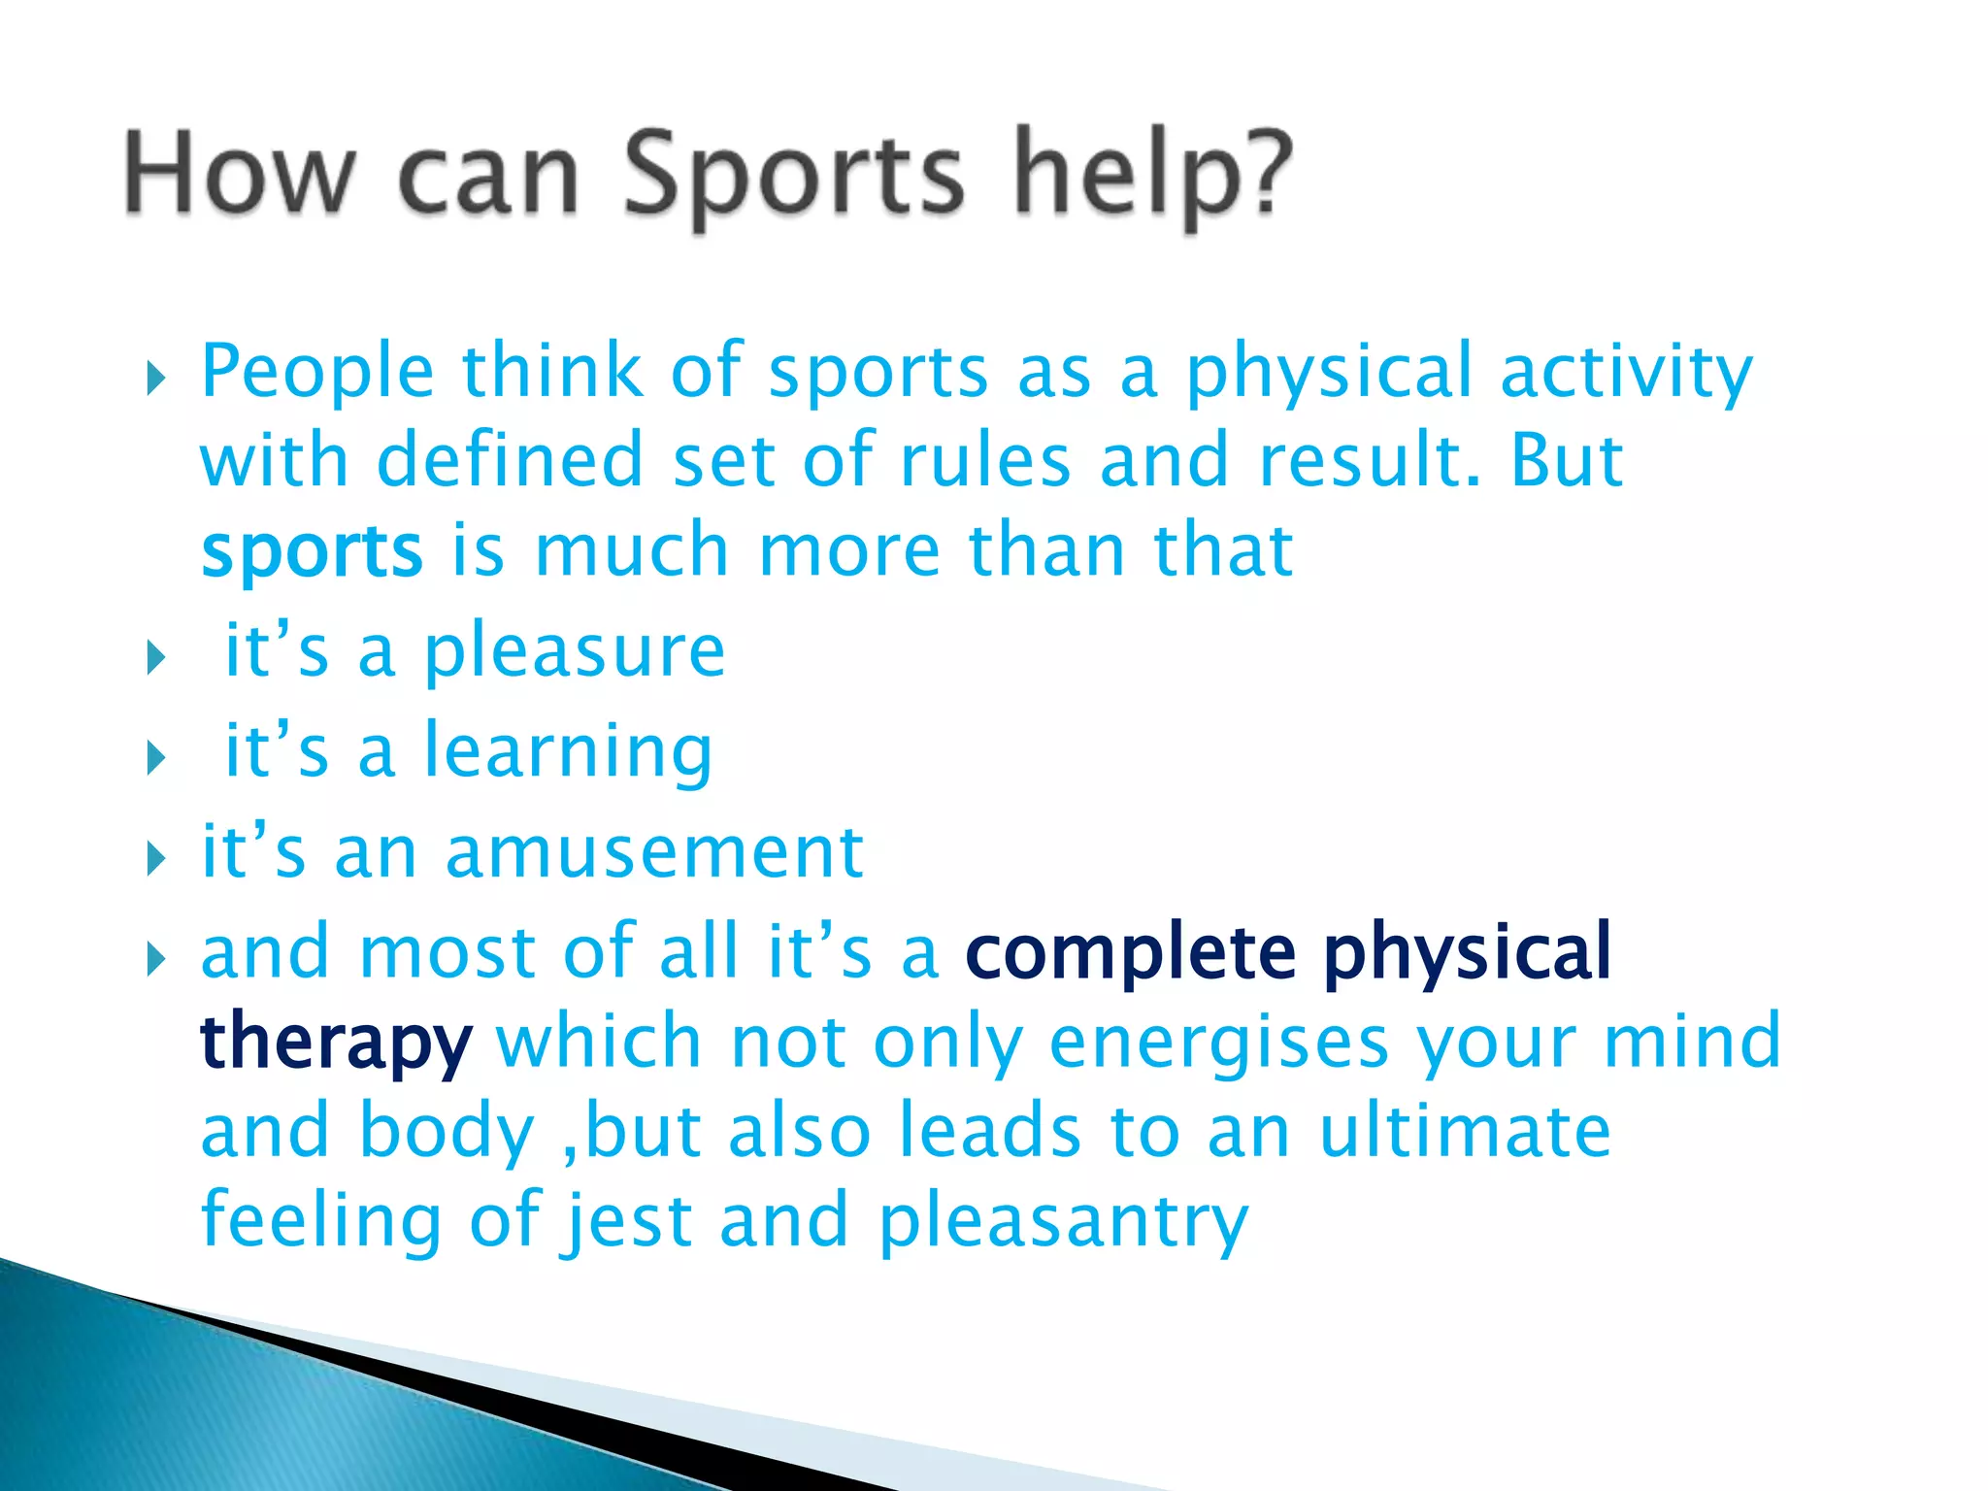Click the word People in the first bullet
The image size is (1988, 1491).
[317, 374]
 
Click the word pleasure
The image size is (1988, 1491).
[575, 652]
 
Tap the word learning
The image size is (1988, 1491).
[569, 753]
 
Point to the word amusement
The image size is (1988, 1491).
[654, 853]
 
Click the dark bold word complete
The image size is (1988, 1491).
[1131, 953]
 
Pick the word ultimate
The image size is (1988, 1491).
[1465, 1133]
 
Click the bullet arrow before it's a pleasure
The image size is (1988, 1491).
[156, 660]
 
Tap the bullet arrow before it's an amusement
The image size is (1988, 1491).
[156, 859]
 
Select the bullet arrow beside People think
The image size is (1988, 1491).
[156, 380]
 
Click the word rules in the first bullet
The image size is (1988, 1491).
[985, 462]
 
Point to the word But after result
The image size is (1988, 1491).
[1566, 462]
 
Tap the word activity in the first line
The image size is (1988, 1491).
[1626, 374]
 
